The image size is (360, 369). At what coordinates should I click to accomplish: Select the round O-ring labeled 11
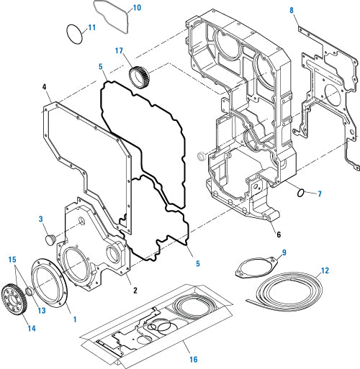tap(73, 33)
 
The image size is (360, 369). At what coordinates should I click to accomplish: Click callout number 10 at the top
tap(136, 9)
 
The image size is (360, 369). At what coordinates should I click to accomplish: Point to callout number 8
tap(292, 10)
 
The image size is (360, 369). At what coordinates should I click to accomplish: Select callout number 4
tap(45, 89)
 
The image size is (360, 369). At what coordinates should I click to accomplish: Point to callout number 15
tap(12, 259)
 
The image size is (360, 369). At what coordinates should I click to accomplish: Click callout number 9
tap(284, 252)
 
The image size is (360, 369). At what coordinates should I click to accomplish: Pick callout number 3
tap(41, 219)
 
